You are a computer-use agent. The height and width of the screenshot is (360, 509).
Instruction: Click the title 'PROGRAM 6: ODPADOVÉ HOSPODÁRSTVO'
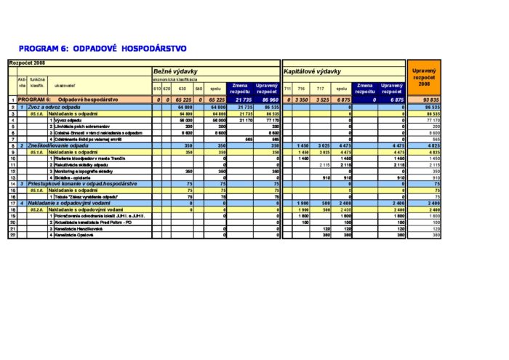click(103, 49)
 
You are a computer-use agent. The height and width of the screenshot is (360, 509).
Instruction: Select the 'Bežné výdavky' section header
click(175, 71)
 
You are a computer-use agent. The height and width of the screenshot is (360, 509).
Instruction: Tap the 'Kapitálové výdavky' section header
click(313, 71)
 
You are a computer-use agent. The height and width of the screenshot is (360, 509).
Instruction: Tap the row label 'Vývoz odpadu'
click(69, 120)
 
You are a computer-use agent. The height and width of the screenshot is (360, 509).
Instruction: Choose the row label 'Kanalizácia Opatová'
click(77, 235)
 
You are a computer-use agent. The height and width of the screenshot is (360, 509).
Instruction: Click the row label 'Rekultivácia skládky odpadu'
click(84, 165)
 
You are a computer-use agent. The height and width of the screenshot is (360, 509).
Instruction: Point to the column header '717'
click(321, 89)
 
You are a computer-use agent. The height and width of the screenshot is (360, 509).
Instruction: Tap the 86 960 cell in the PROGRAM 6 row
click(268, 99)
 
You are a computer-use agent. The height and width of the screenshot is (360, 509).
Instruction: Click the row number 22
click(12, 235)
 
